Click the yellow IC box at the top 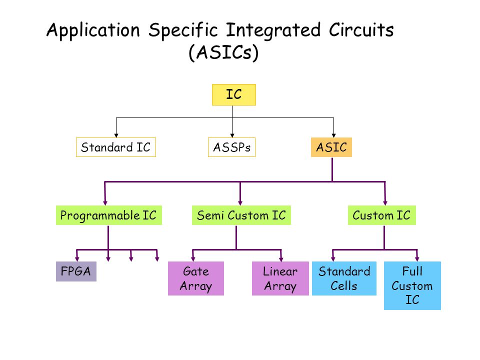(x=233, y=94)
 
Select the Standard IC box (x=116, y=147)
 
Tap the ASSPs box (x=231, y=147)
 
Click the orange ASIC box (x=331, y=147)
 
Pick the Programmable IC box (x=108, y=216)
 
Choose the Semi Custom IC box (x=241, y=216)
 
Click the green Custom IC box (x=381, y=216)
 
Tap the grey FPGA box (x=76, y=271)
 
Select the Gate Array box (x=196, y=279)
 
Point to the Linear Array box (x=280, y=279)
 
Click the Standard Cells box (x=344, y=279)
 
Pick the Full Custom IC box (x=412, y=286)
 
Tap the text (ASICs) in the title (x=223, y=52)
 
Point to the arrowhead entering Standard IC (x=116, y=134)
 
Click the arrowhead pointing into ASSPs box (x=232, y=134)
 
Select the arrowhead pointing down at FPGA (x=77, y=258)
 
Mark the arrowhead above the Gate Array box (x=194, y=258)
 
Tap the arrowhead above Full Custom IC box (x=417, y=258)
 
